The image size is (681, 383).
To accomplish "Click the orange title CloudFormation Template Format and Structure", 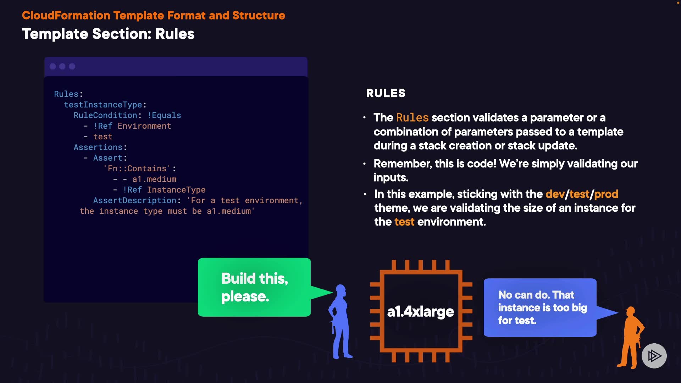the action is (x=153, y=16).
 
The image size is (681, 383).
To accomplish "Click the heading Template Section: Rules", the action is (x=108, y=34).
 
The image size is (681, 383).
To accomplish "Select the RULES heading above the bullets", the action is (x=386, y=93).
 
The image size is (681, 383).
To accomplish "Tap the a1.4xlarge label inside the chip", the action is (x=420, y=312).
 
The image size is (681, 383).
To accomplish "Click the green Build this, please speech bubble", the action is (x=254, y=287).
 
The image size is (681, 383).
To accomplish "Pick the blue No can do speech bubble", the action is (x=540, y=307).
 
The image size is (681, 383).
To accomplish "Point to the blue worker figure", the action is (x=340, y=321).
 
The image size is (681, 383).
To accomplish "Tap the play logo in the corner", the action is (x=654, y=356).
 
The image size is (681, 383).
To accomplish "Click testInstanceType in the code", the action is (x=103, y=105).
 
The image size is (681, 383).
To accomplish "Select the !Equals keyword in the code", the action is (x=164, y=116).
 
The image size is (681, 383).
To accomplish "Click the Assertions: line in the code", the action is (x=100, y=148).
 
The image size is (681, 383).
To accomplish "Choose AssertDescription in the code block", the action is (x=135, y=201).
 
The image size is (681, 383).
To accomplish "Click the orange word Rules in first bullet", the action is (x=412, y=118).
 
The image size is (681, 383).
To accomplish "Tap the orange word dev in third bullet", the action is (x=555, y=194).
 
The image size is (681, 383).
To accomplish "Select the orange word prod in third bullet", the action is (x=606, y=194).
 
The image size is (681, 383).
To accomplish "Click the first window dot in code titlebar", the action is (x=53, y=67).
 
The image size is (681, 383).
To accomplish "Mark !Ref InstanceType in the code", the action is (x=164, y=190).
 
